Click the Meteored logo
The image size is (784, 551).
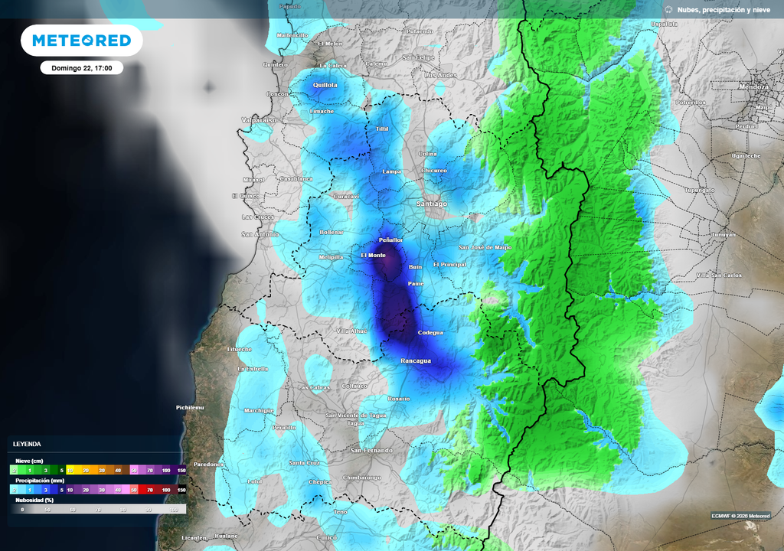pos(81,40)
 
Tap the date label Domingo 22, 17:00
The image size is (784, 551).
pos(82,68)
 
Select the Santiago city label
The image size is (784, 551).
pos(431,204)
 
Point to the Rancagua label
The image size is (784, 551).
pos(416,360)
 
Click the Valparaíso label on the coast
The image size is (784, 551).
pos(258,120)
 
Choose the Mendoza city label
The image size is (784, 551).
pos(754,87)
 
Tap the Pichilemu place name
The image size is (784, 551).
pos(190,408)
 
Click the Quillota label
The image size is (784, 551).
pos(325,85)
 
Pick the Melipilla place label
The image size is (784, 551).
pos(331,257)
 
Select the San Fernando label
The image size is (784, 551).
pos(371,450)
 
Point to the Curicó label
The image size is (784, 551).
pos(327,537)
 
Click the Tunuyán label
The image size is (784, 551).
pos(723,234)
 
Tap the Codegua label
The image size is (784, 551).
pos(430,333)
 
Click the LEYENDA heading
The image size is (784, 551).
pos(27,444)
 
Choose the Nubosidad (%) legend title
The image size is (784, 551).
pos(35,499)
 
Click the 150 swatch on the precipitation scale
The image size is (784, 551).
pos(181,489)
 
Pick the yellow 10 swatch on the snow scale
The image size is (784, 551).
pos(70,470)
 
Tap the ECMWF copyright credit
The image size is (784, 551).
pos(740,515)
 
